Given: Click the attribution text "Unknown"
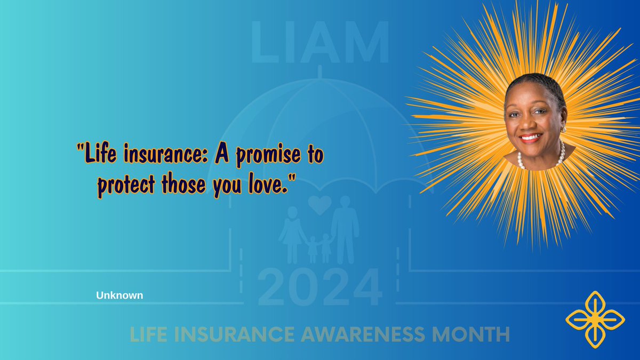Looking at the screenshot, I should (x=119, y=295).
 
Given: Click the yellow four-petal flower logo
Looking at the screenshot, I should (x=595, y=319).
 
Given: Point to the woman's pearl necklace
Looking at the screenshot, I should (x=539, y=160).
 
